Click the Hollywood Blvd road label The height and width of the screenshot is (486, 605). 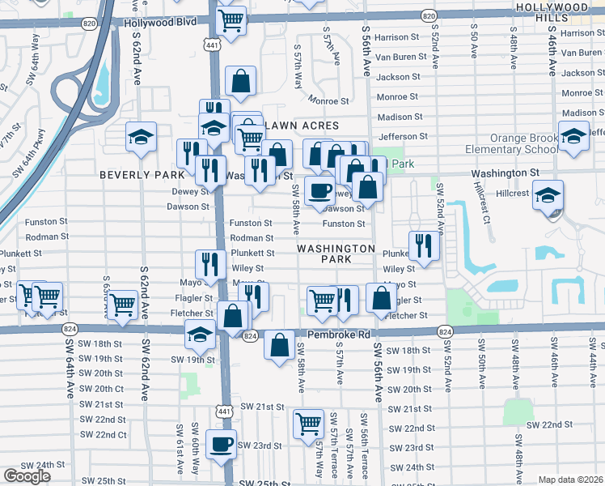(160, 23)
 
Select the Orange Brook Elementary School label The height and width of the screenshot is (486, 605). (511, 143)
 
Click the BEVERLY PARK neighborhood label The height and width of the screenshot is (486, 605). (142, 174)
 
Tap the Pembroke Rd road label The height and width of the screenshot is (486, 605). (338, 334)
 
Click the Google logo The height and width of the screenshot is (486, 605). (27, 476)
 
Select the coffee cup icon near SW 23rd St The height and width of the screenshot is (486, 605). (220, 444)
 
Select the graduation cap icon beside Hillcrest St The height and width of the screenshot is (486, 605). (548, 195)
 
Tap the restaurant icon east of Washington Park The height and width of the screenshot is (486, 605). (424, 245)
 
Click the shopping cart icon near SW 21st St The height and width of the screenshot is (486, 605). (308, 423)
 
